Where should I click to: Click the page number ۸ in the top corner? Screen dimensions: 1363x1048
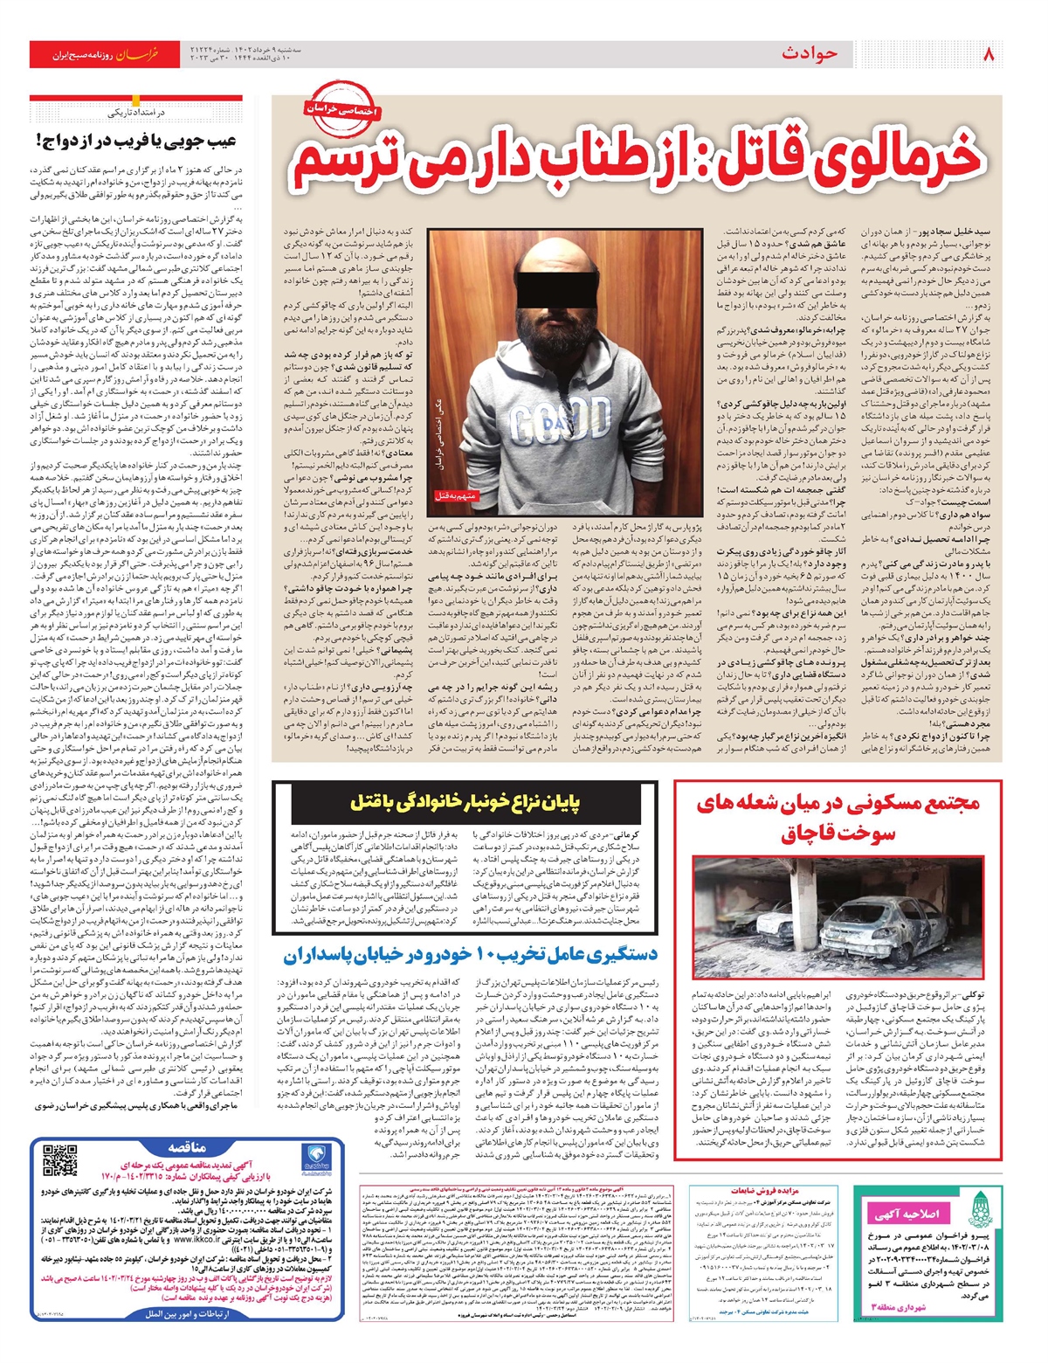[989, 54]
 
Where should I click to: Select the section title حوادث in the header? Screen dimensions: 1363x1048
[810, 54]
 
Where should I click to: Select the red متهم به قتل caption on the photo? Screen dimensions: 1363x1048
[456, 495]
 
